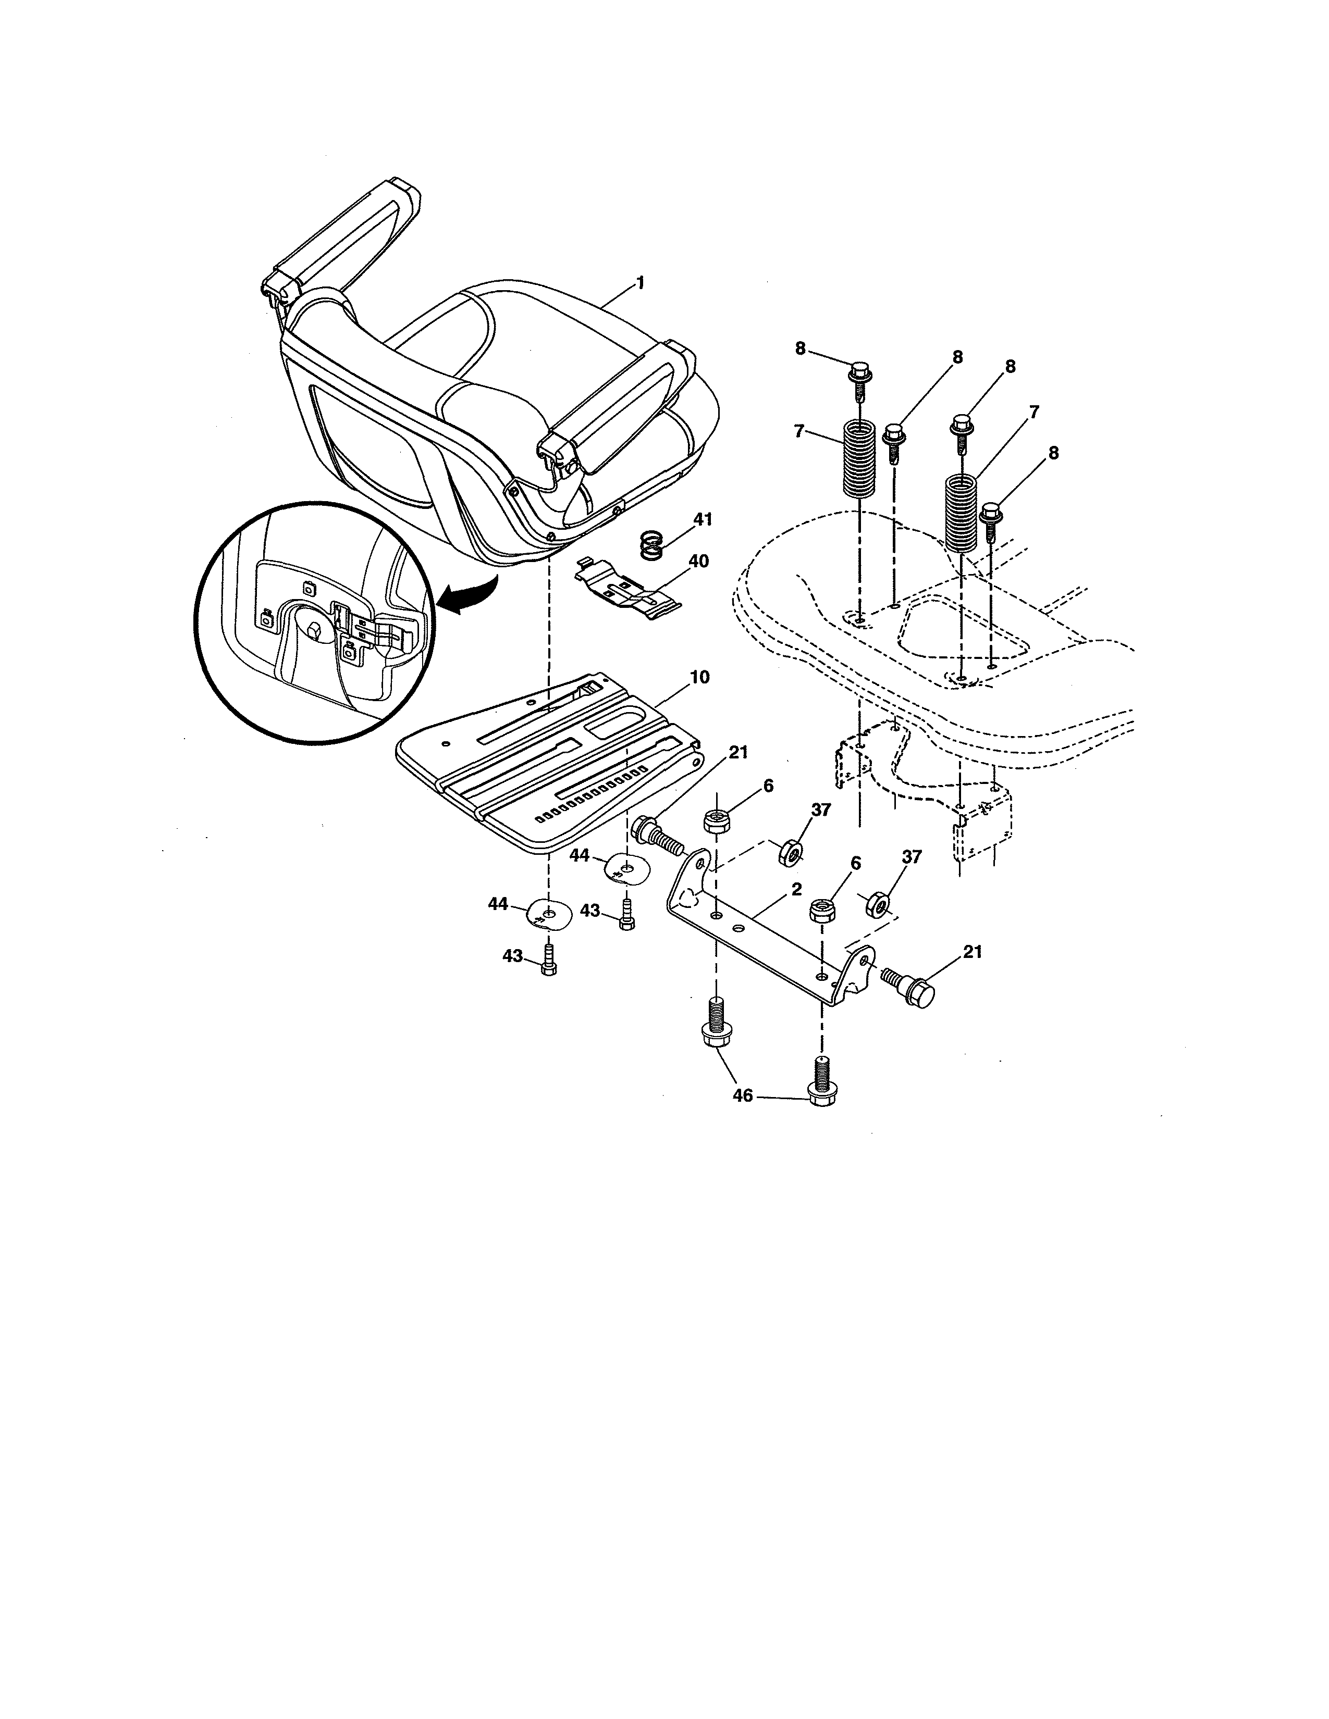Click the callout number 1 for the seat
pyautogui.click(x=640, y=282)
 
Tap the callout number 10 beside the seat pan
pyautogui.click(x=699, y=677)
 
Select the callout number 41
pyautogui.click(x=703, y=519)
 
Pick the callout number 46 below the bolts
pyautogui.click(x=743, y=1095)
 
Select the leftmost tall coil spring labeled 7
pyautogui.click(x=859, y=459)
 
